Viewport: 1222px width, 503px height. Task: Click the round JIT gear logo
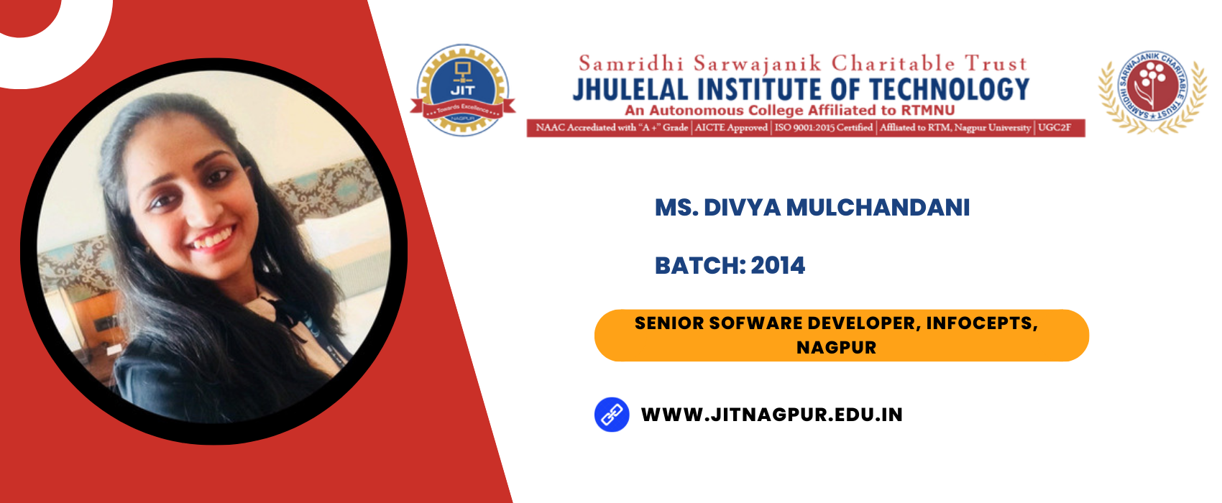point(463,90)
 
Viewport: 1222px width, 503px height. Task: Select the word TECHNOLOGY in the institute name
point(950,90)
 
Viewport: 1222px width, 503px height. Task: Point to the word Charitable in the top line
point(893,64)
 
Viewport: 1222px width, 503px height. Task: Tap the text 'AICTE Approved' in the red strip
point(731,128)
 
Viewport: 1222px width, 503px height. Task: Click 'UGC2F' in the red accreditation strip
point(1054,128)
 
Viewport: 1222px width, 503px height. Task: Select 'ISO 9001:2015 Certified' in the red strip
point(823,128)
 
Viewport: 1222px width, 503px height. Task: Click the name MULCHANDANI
point(878,208)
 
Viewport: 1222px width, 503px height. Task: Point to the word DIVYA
point(742,208)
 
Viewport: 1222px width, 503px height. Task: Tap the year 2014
point(778,266)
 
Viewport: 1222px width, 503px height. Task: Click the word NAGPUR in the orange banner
point(836,348)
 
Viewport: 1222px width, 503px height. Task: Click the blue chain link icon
point(612,415)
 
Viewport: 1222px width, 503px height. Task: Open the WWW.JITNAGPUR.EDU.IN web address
point(772,415)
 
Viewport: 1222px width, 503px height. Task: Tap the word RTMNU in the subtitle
point(927,110)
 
